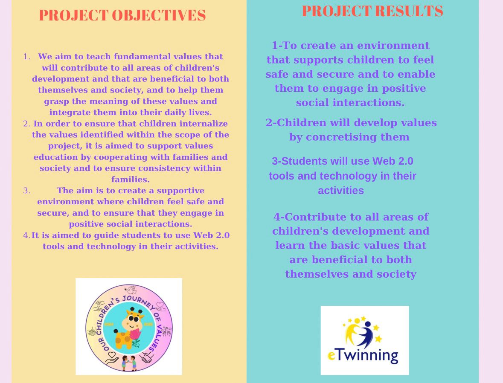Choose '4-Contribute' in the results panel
pyautogui.click(x=310, y=217)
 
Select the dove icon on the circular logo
pyautogui.click(x=131, y=290)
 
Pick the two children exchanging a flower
pyautogui.click(x=129, y=363)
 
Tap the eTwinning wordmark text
pyautogui.click(x=363, y=355)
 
